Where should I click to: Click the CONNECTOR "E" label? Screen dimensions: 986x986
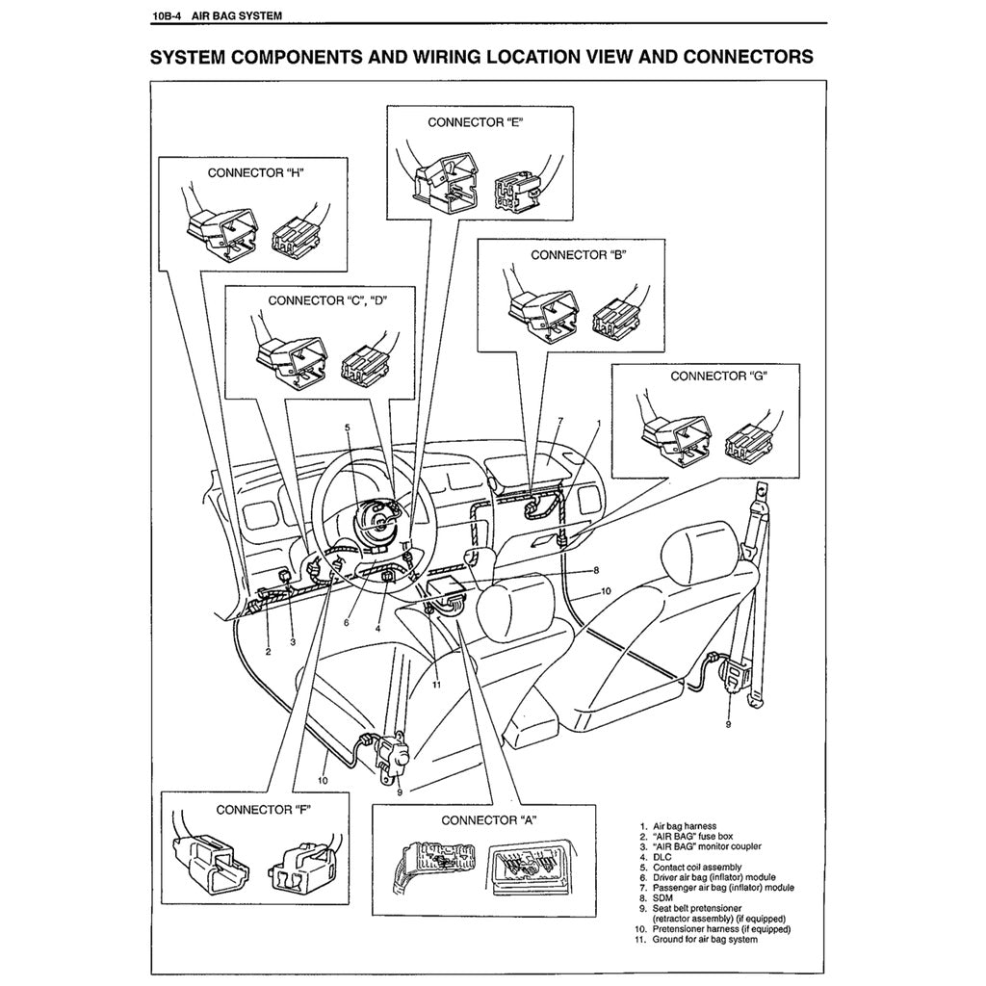pos(480,122)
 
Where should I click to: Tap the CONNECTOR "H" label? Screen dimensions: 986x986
pos(255,173)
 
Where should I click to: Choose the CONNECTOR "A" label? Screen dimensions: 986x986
pos(488,820)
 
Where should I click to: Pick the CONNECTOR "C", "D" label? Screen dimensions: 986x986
pos(327,300)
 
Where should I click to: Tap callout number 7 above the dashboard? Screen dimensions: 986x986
pos(559,422)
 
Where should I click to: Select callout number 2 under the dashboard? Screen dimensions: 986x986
pos(268,652)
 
